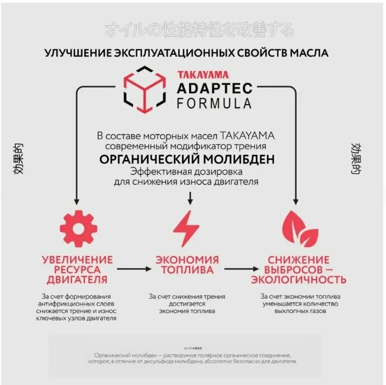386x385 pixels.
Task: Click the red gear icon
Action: click(78, 229)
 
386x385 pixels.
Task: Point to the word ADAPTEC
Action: click(215, 88)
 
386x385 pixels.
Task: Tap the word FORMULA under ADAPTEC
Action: click(214, 103)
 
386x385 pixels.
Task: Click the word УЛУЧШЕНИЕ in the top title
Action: click(79, 53)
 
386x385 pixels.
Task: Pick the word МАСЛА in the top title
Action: click(308, 53)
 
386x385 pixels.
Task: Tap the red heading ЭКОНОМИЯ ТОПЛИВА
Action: click(187, 265)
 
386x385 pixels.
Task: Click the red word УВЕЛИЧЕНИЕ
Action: click(77, 260)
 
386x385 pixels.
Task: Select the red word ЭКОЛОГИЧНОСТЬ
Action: click(299, 279)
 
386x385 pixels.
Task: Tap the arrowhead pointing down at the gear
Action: click(75, 202)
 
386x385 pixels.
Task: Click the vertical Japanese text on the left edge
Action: click(20, 159)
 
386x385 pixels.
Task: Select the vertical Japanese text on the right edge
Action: click(355, 159)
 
